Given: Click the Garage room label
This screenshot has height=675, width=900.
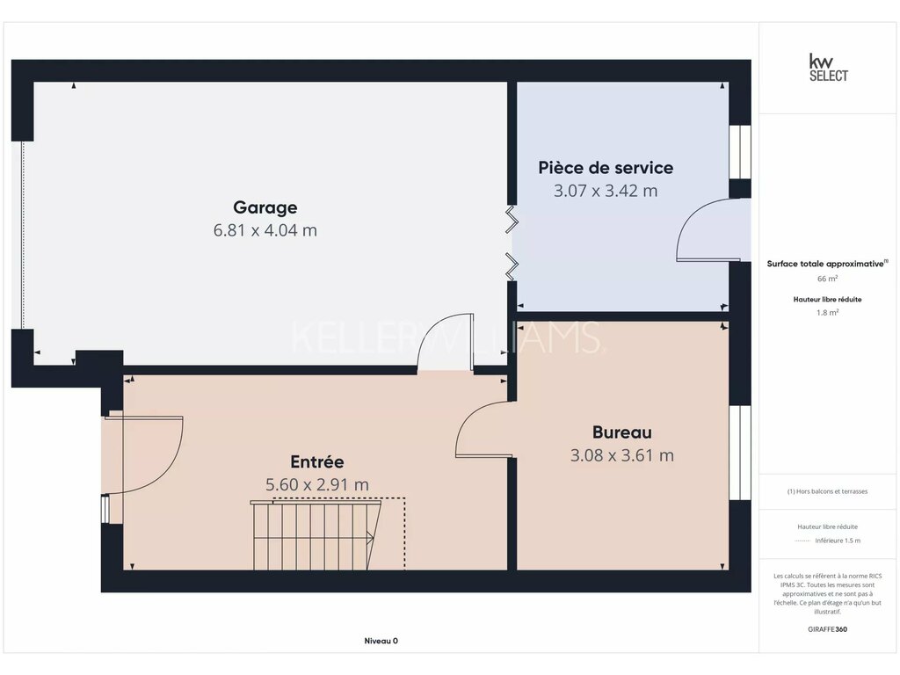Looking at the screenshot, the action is (x=265, y=207).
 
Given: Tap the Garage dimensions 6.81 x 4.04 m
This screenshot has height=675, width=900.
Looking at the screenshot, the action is (x=265, y=230).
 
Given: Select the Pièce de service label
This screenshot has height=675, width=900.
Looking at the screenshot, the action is (x=606, y=168).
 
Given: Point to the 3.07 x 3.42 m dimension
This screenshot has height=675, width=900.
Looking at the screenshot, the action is (x=606, y=191).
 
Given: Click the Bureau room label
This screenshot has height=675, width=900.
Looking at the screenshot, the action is (x=622, y=432).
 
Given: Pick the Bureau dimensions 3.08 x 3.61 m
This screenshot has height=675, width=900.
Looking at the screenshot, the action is (x=622, y=455).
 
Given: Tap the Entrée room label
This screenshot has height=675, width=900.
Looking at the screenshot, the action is (x=316, y=461).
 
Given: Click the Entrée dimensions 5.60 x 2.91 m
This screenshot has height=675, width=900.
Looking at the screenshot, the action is (x=316, y=484).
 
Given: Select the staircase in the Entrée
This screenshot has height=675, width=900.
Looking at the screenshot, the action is (x=316, y=535).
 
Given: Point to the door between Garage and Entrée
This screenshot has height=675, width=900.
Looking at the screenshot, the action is (x=446, y=343).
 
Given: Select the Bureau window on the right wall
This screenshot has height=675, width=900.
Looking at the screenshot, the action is (x=740, y=453).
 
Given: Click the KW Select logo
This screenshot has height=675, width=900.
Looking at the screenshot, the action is (x=828, y=68).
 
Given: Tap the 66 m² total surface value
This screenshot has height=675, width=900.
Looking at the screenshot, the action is (x=827, y=279).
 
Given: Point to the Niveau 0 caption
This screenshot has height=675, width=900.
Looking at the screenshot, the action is (x=381, y=641).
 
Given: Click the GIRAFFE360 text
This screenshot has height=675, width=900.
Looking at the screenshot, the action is (x=827, y=629).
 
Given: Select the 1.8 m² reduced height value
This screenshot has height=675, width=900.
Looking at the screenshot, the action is (x=827, y=313).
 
